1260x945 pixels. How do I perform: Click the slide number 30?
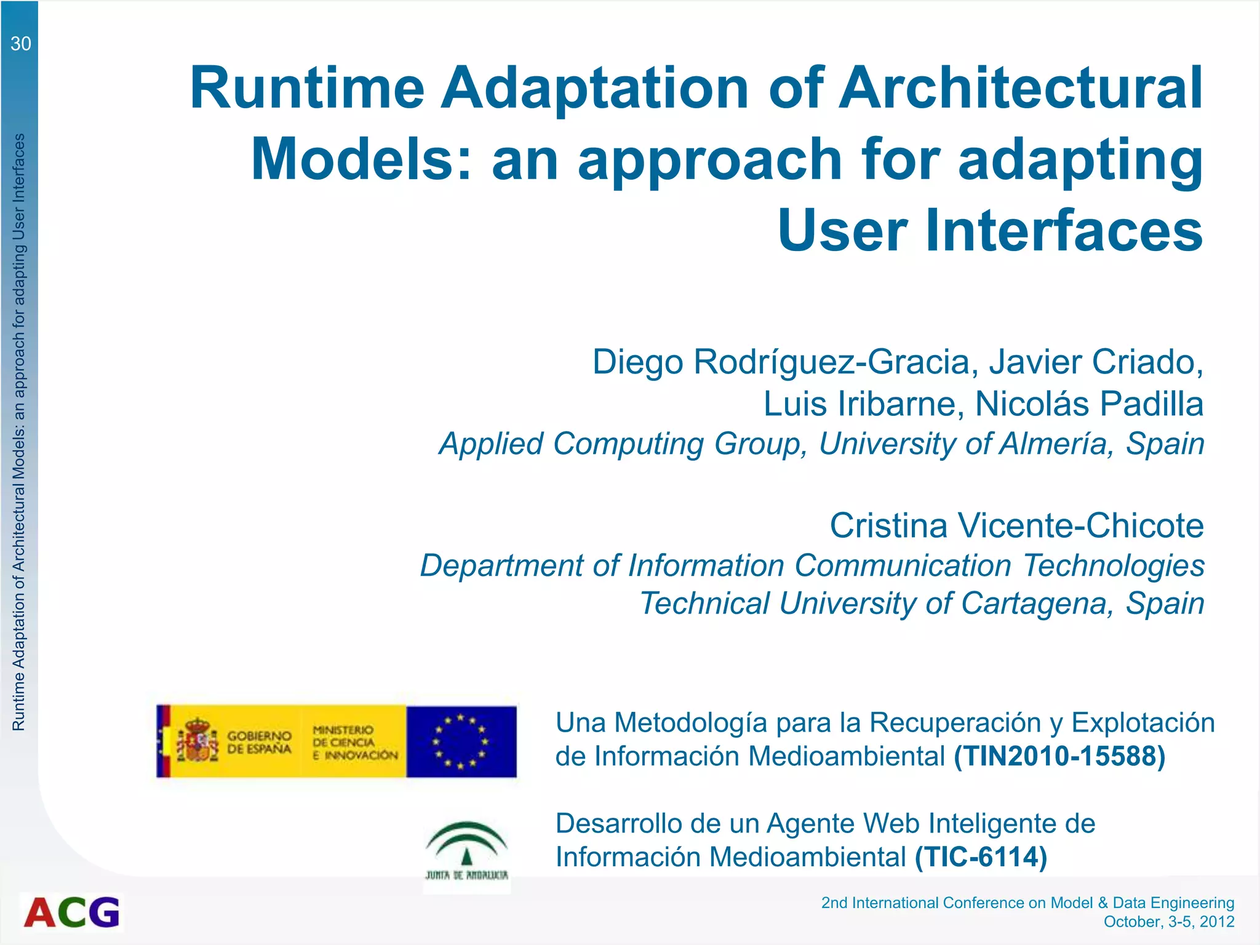pyautogui.click(x=20, y=44)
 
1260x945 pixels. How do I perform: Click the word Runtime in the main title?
pyautogui.click(x=307, y=88)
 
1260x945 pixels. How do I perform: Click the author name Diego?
pyautogui.click(x=637, y=362)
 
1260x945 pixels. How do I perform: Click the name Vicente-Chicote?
pyautogui.click(x=1080, y=525)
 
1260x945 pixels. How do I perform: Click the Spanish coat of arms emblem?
pyautogui.click(x=198, y=740)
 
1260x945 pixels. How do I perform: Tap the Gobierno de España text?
pyautogui.click(x=259, y=742)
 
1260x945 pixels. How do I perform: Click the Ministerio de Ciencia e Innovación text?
pyautogui.click(x=354, y=742)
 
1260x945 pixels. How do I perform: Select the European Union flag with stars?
pyautogui.click(x=461, y=741)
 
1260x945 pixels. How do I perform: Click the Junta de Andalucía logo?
pyautogui.click(x=467, y=851)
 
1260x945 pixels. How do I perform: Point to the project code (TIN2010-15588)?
pyautogui.click(x=1059, y=756)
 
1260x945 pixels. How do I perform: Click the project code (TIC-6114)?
pyautogui.click(x=981, y=857)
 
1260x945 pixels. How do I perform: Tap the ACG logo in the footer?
pyautogui.click(x=72, y=912)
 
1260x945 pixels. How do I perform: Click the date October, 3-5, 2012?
pyautogui.click(x=1168, y=922)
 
